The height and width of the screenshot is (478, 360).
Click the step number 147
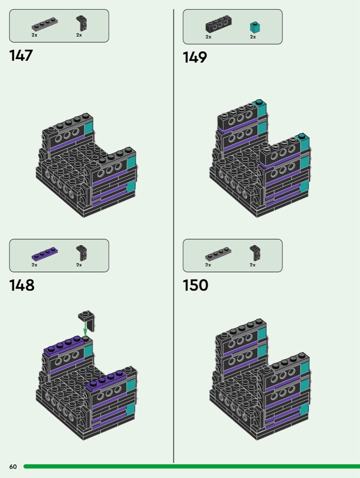click(x=21, y=56)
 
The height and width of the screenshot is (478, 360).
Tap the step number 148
click(x=22, y=285)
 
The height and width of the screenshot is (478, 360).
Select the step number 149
click(x=195, y=57)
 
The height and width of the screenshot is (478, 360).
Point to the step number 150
click(x=195, y=285)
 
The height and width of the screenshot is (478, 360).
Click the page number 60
click(x=13, y=467)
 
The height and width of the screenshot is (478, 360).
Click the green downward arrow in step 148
click(x=85, y=328)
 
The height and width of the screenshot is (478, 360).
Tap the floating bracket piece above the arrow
click(x=86, y=320)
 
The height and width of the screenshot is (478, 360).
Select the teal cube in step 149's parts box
click(x=255, y=27)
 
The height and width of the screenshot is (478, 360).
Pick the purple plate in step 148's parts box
click(x=45, y=254)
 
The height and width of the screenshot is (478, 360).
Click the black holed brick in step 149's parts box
click(x=217, y=24)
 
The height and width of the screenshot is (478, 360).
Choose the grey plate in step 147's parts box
click(x=45, y=25)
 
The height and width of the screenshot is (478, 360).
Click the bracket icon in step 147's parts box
click(x=82, y=24)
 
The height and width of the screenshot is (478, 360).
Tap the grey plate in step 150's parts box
click(x=218, y=254)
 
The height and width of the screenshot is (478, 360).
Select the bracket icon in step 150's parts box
click(x=255, y=253)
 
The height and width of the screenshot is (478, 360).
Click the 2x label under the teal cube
click(x=253, y=37)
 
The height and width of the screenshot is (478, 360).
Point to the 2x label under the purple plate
click(x=35, y=265)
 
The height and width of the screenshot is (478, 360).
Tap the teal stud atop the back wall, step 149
click(x=259, y=102)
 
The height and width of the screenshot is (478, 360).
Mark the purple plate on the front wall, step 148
click(x=106, y=380)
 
